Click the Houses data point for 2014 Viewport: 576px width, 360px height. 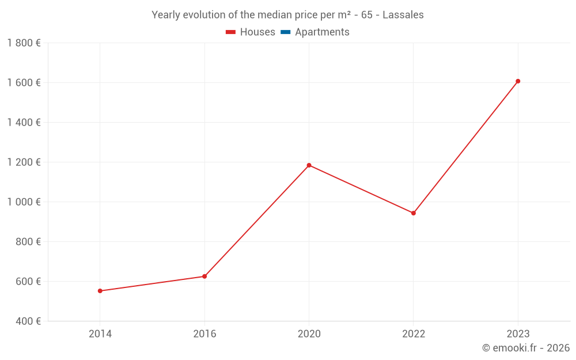(100, 291)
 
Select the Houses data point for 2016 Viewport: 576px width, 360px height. (204, 276)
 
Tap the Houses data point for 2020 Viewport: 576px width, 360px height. (309, 165)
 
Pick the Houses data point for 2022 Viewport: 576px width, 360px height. (414, 213)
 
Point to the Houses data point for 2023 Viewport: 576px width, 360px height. (518, 81)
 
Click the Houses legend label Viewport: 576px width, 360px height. (257, 32)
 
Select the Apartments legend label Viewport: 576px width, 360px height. (322, 32)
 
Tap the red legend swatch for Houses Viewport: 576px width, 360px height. (230, 32)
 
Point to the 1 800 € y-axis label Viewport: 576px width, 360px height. (24, 43)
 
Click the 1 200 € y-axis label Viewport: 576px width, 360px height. (24, 162)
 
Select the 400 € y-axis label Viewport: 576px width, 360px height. (28, 321)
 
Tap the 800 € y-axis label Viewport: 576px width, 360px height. (28, 242)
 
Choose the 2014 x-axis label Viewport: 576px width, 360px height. (100, 334)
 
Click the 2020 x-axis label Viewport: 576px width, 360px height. (309, 334)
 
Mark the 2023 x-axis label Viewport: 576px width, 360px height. (518, 334)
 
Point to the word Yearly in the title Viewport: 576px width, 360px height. (166, 15)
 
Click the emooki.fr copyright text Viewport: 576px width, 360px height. (526, 348)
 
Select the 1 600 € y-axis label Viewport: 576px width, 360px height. (24, 82)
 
